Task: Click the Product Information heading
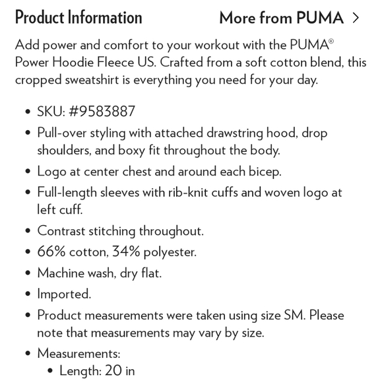click(79, 18)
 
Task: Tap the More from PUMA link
click(282, 18)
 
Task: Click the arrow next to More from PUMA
click(356, 18)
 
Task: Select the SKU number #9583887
click(102, 111)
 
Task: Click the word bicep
click(261, 172)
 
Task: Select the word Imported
click(64, 294)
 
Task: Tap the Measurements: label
click(79, 353)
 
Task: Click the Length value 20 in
click(118, 371)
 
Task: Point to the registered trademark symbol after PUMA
click(331, 41)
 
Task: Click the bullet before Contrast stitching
click(27, 232)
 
